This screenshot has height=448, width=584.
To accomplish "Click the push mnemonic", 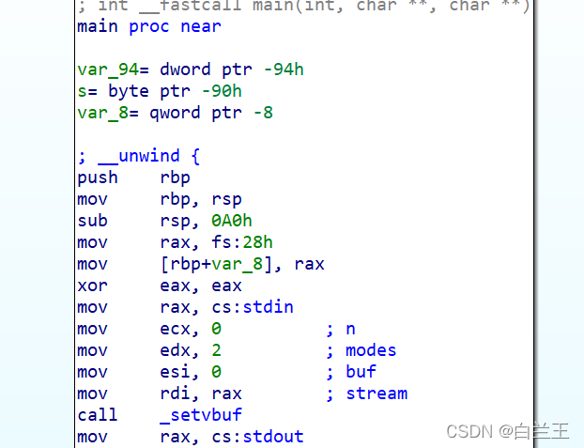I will tap(98, 178).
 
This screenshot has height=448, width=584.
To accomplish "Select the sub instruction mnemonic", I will tap(92, 221).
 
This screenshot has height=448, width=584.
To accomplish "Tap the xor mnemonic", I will tap(92, 286).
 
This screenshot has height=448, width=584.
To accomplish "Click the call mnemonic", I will tap(98, 415).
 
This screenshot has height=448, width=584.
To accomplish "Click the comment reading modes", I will tap(371, 350).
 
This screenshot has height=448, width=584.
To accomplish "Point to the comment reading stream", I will tap(377, 394).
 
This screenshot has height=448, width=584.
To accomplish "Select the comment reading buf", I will tap(361, 372).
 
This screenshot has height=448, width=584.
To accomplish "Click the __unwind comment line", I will tap(139, 156).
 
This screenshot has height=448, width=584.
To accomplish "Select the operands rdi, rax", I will tap(201, 394).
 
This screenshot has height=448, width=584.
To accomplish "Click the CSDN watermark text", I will tap(469, 431).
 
